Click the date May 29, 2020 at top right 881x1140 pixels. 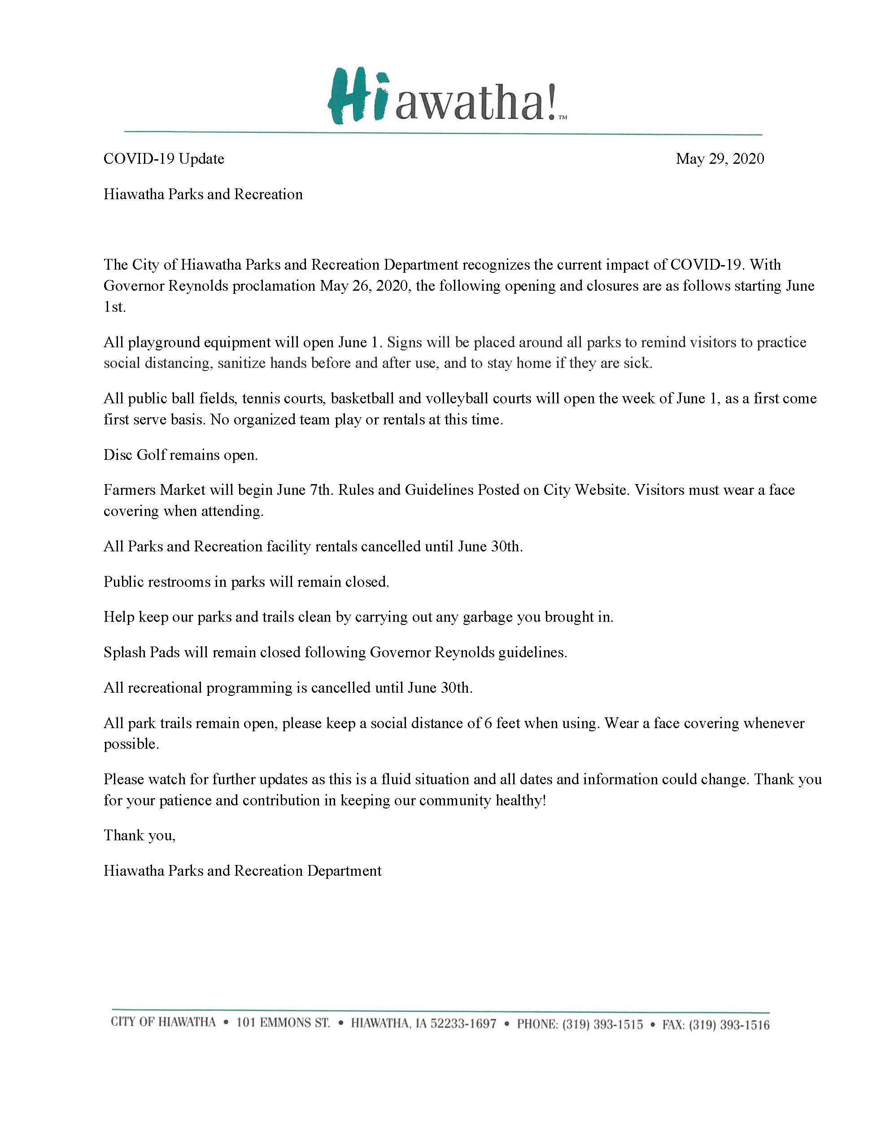720,159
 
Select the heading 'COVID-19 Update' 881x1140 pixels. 164,159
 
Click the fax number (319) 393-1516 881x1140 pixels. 728,1025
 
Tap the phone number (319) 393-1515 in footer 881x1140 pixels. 602,1024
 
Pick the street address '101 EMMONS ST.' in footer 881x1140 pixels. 283,1022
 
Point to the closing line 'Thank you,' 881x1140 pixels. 140,835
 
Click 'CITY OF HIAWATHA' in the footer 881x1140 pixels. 163,1022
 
